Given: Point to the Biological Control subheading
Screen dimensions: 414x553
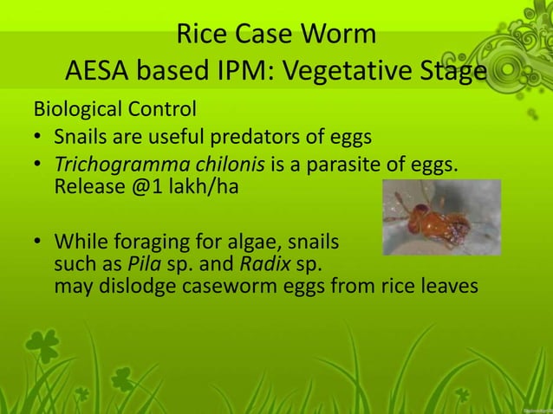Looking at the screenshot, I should (114, 111).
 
